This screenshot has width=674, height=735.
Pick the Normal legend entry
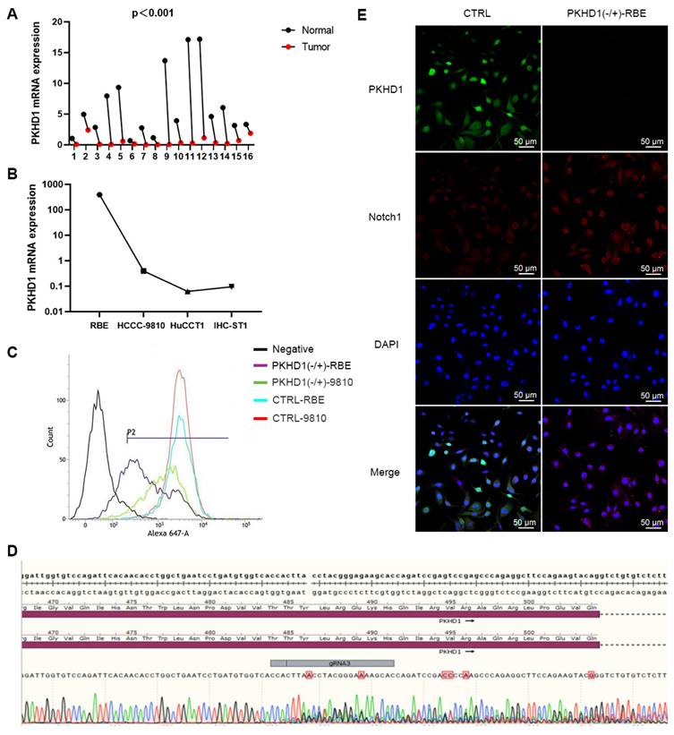[x=316, y=31]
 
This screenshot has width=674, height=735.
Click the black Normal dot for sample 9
[x=166, y=61]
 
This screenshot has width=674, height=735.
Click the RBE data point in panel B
[x=99, y=194]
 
